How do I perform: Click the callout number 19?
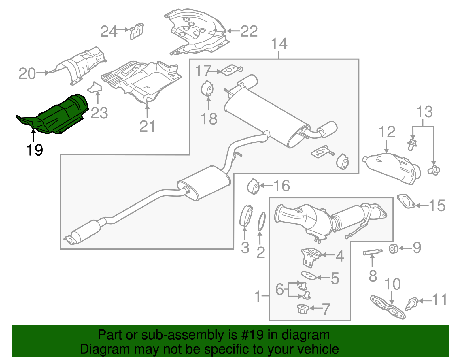[35, 150]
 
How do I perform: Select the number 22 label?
[249, 31]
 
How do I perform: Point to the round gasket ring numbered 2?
[261, 222]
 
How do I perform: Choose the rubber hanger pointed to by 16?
[254, 186]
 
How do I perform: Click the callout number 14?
[279, 44]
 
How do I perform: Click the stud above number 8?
[372, 252]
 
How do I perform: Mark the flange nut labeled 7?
[303, 310]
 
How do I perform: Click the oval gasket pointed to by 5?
[308, 275]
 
